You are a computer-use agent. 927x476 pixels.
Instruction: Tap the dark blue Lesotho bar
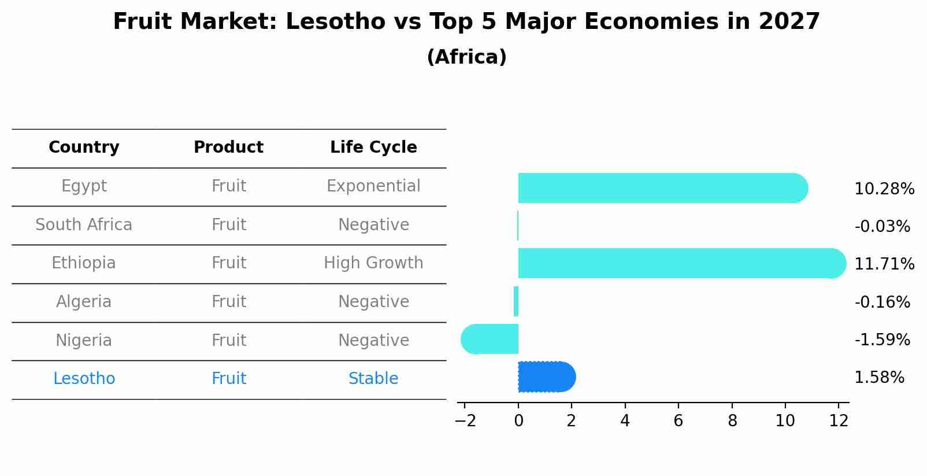(546, 377)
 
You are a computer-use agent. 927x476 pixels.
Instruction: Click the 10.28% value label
(884, 189)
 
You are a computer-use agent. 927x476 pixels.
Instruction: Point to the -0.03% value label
(882, 227)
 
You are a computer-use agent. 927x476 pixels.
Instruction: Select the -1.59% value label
(882, 340)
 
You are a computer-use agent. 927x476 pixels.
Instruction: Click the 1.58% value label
(879, 378)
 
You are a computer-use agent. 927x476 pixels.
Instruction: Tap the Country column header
(84, 147)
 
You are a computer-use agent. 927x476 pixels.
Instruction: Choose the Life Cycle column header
(373, 147)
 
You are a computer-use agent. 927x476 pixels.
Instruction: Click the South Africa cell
(84, 224)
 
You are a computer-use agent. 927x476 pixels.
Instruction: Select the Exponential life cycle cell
(373, 186)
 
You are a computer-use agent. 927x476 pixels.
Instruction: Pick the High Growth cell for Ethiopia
(373, 263)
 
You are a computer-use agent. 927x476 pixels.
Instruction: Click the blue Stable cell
(373, 379)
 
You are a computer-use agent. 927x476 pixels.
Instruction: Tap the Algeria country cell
(84, 302)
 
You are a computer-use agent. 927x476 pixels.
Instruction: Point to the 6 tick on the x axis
(678, 420)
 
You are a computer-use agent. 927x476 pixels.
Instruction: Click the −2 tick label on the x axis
(465, 420)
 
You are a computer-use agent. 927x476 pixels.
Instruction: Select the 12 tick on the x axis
(838, 420)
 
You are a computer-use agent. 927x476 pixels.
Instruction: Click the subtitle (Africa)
(466, 57)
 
